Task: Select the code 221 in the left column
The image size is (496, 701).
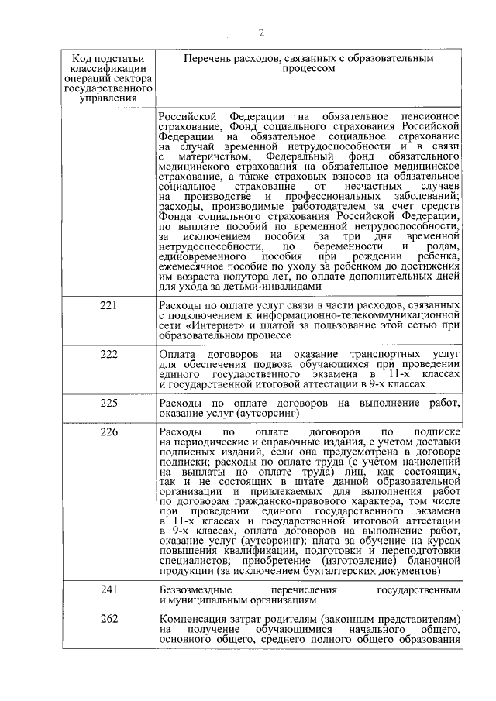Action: [109, 306]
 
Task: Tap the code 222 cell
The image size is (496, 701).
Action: [109, 353]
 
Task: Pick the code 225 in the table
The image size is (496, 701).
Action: [109, 401]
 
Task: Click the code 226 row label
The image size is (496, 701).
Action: [109, 431]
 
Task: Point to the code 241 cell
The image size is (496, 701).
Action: [109, 590]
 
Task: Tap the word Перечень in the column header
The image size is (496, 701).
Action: [209, 58]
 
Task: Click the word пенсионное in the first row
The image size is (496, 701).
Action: [428, 116]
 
